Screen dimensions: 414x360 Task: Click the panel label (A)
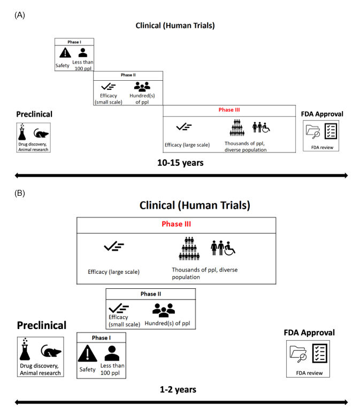20,15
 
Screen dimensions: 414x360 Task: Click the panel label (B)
20,193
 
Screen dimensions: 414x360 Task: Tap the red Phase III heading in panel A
229,110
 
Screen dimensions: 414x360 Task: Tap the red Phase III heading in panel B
176,225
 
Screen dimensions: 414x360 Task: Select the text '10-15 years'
181,162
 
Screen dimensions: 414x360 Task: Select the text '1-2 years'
178,389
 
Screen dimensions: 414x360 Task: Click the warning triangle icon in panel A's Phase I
65,52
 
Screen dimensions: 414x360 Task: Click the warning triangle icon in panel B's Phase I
87,354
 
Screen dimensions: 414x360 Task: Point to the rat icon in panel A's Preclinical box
41,134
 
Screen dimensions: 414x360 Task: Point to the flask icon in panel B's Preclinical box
26,350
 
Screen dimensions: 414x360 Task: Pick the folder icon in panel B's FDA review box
298,353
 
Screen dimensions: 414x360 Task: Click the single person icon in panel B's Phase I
112,353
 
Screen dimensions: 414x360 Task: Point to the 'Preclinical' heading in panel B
42,325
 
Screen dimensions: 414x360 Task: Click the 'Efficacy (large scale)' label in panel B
113,272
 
